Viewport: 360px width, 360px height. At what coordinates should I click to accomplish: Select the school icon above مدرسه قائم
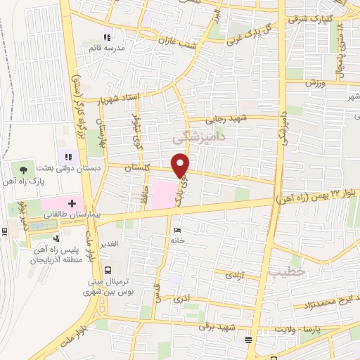(x=107, y=37)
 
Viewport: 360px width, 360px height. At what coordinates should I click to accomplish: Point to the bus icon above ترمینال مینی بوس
(x=108, y=269)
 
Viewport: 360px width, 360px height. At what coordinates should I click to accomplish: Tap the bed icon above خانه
(x=176, y=230)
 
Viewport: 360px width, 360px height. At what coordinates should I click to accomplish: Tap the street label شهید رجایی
(x=227, y=120)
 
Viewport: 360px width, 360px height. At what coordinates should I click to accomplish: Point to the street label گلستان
(x=138, y=169)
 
